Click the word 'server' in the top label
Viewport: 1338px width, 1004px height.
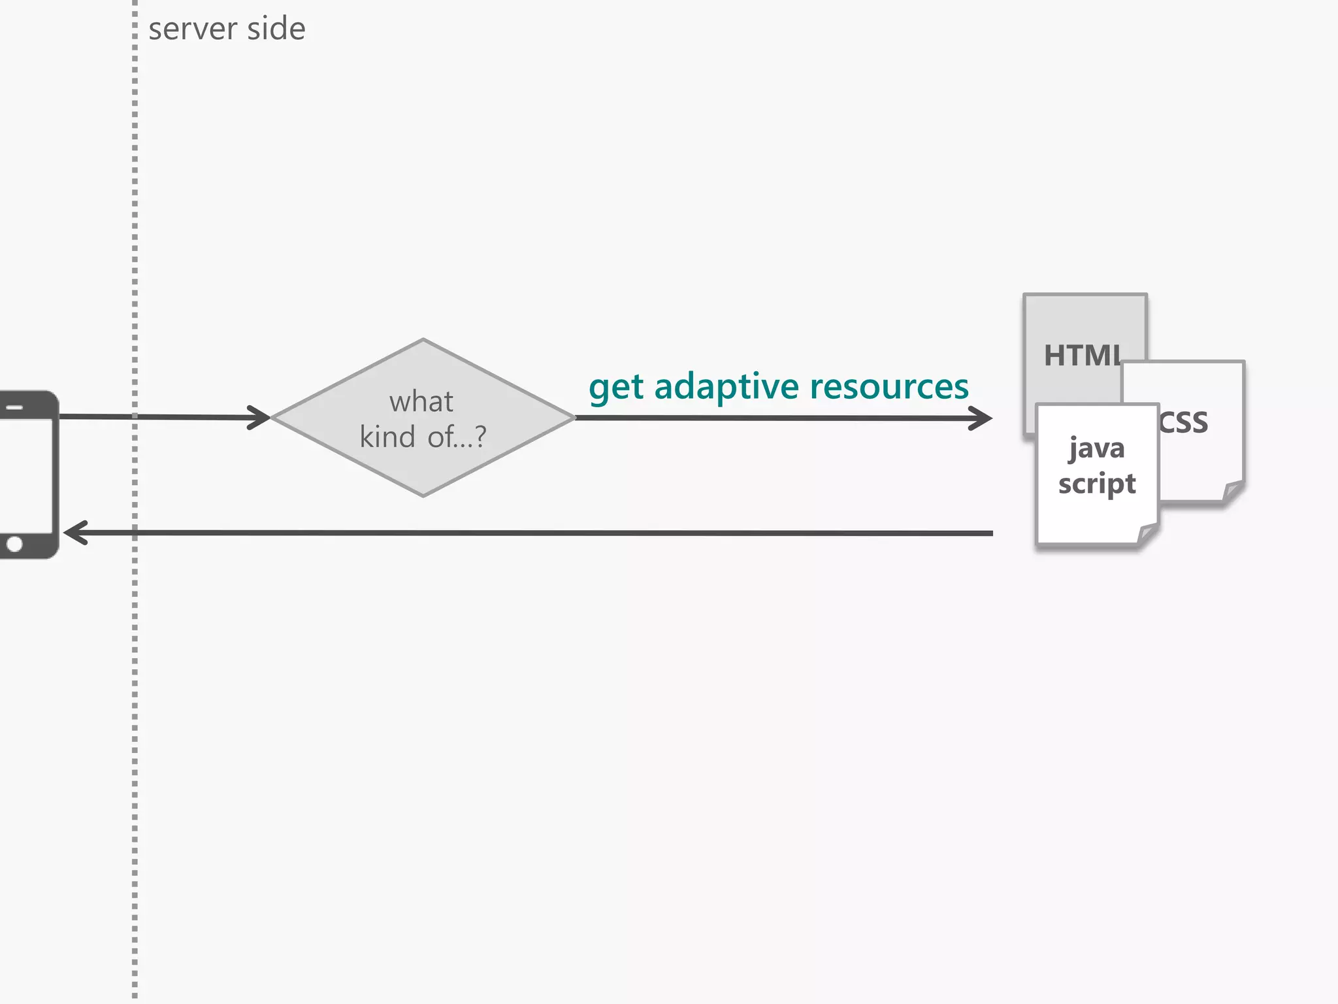click(x=193, y=29)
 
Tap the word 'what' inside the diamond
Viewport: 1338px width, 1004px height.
click(x=421, y=401)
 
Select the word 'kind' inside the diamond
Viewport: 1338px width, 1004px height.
click(x=387, y=437)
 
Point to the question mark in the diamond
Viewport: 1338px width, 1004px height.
click(x=480, y=436)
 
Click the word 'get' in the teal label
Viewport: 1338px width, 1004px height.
click(x=616, y=388)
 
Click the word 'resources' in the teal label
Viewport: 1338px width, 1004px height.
click(x=889, y=386)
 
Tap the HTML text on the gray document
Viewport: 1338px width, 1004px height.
click(x=1082, y=356)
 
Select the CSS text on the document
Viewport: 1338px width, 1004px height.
click(x=1184, y=423)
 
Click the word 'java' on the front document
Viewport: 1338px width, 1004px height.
click(x=1097, y=448)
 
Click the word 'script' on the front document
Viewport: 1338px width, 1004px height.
click(x=1097, y=484)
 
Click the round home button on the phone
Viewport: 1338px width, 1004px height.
click(x=14, y=544)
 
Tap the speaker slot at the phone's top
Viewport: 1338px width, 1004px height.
click(x=14, y=408)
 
